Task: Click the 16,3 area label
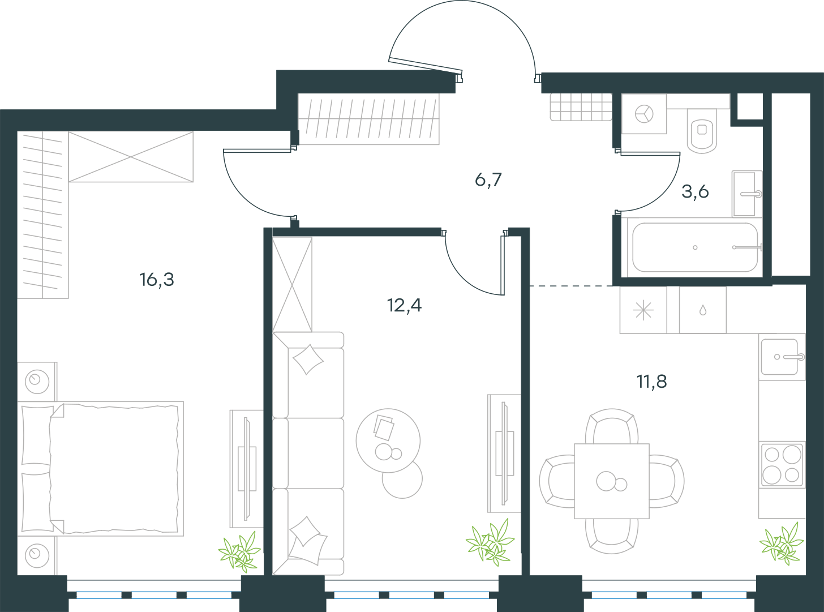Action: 157,280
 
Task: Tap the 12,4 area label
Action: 404,305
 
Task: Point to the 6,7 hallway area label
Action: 488,179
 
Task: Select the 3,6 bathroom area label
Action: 695,191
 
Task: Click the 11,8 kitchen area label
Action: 652,381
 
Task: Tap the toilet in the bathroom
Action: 702,131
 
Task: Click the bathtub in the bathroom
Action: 695,247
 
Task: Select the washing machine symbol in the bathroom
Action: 644,114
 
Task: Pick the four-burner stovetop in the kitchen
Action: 782,465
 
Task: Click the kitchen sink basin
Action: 779,357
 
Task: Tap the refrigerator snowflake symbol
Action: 643,310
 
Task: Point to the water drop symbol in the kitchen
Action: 702,310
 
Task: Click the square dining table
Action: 612,481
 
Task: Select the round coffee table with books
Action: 388,440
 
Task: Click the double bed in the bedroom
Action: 100,468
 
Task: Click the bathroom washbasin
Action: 746,194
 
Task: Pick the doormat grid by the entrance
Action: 581,107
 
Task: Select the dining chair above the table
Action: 612,426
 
